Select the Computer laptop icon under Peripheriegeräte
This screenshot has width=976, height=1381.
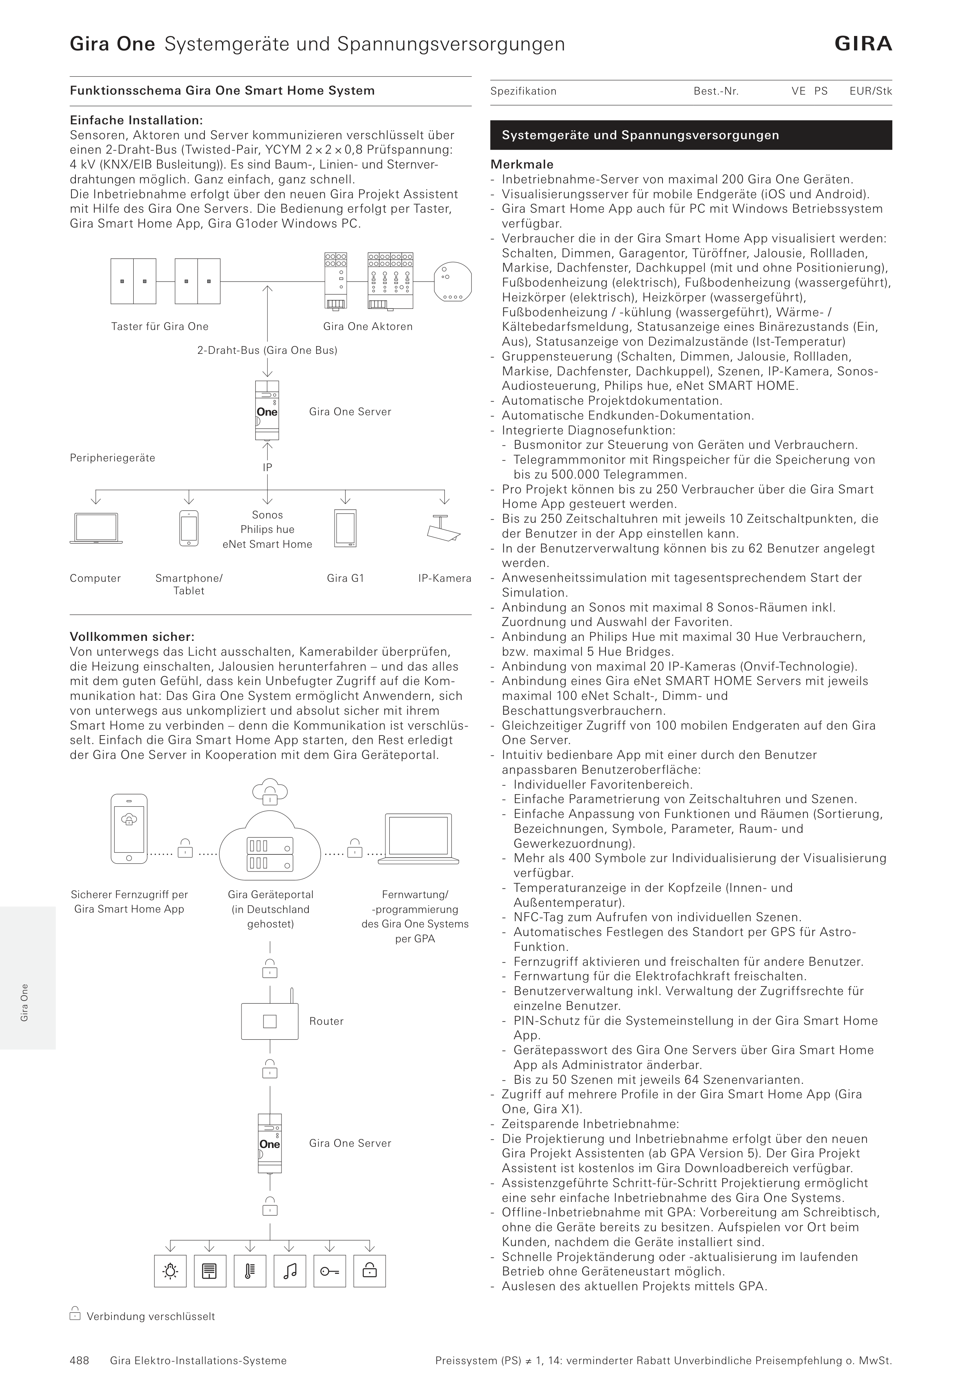tap(96, 528)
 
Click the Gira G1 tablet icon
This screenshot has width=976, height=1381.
tap(345, 528)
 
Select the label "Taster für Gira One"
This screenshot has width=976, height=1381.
tap(160, 326)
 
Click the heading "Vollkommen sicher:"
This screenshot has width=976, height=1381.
tap(132, 637)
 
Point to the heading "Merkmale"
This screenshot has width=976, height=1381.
tap(522, 164)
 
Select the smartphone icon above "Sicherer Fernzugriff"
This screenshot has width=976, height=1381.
tap(129, 829)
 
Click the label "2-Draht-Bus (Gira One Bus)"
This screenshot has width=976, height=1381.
tap(267, 350)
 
